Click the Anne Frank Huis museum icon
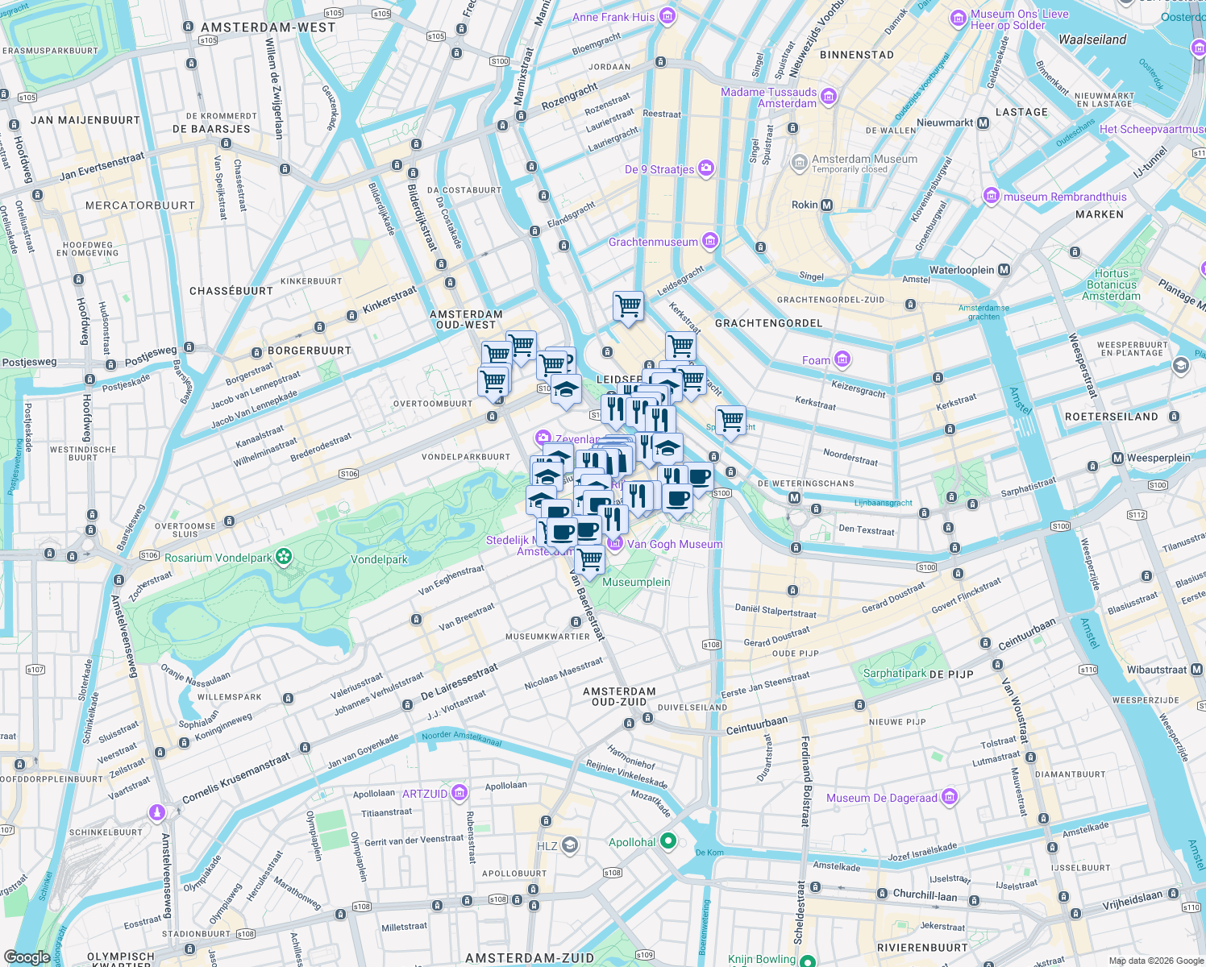[667, 16]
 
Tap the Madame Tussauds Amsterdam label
[768, 98]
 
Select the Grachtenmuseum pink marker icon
[709, 240]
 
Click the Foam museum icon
[842, 359]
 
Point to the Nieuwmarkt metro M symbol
[983, 123]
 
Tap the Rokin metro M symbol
[826, 205]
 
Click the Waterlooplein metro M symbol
[1004, 270]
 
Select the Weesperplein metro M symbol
[1117, 458]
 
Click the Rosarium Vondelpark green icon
[283, 556]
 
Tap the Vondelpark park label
[379, 559]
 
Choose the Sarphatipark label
[894, 673]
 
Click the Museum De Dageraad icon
[949, 797]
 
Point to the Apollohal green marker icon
[667, 841]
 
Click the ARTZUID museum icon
[460, 793]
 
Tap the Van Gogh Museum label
[675, 544]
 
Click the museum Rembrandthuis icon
[991, 196]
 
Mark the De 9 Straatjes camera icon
[706, 168]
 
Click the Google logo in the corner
[27, 957]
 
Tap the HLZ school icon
[570, 845]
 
